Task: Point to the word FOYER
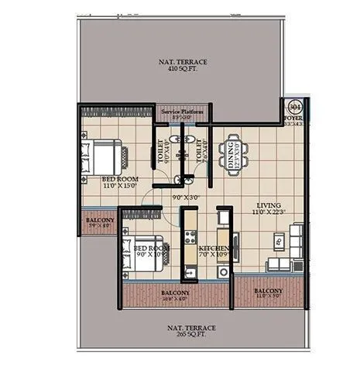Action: [293, 118]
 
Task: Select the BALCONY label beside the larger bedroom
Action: [98, 220]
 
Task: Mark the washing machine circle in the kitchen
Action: [224, 272]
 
